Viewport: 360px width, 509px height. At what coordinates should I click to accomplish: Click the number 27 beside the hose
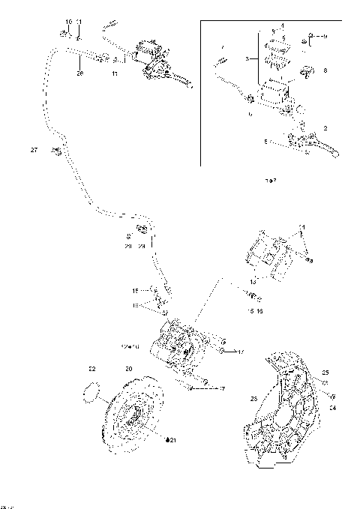pyautogui.click(x=34, y=151)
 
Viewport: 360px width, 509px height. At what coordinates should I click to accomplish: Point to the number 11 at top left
pyautogui.click(x=80, y=21)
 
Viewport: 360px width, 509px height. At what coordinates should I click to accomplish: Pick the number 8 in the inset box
pyautogui.click(x=325, y=70)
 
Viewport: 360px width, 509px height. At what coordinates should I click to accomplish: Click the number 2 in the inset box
pyautogui.click(x=325, y=128)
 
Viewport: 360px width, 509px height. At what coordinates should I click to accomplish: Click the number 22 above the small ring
pyautogui.click(x=91, y=369)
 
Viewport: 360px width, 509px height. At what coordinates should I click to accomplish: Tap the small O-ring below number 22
pyautogui.click(x=90, y=391)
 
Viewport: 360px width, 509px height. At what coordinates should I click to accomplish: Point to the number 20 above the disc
pyautogui.click(x=128, y=369)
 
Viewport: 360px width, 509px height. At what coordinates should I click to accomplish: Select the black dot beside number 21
pyautogui.click(x=169, y=439)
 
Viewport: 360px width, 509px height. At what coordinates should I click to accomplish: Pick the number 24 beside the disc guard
pyautogui.click(x=333, y=408)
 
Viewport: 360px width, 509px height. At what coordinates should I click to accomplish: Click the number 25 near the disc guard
pyautogui.click(x=325, y=373)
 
